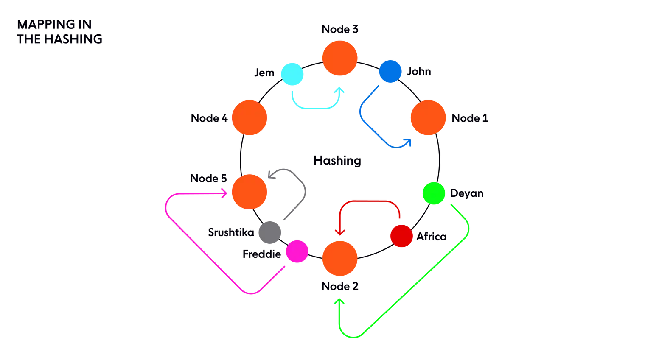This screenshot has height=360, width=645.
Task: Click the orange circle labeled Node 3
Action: point(340,58)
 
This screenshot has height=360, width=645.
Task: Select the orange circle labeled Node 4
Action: point(250,118)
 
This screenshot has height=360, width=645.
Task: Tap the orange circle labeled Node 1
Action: point(428,118)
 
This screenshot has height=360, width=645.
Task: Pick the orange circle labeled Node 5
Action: point(250,192)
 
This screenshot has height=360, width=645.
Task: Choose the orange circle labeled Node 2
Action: point(340,258)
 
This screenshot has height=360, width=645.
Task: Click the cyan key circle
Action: point(292,74)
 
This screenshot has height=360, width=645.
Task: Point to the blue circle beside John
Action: point(390,71)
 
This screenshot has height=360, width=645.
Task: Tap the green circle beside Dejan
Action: point(434,193)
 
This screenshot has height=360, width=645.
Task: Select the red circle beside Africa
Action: point(401,236)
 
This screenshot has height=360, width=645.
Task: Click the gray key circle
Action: point(270,232)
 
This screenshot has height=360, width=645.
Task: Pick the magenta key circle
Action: point(297,251)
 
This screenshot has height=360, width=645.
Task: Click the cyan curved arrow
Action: point(316,108)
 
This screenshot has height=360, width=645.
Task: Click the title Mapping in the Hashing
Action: point(60,32)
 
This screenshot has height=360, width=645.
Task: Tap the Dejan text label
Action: point(467,193)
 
